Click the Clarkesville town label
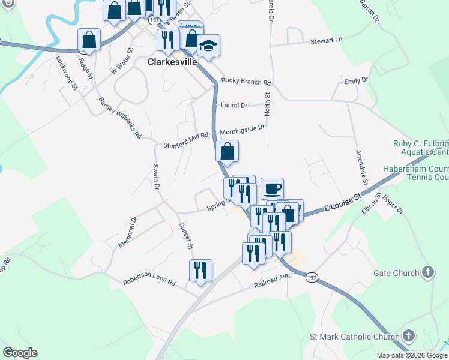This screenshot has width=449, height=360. [173, 62]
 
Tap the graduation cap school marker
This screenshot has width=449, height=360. [209, 46]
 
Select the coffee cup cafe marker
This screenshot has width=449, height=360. [272, 188]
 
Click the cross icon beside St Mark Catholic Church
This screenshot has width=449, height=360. [409, 336]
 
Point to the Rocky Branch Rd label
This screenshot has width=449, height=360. [246, 81]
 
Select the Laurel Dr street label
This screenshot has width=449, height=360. [234, 106]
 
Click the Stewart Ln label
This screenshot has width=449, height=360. [326, 41]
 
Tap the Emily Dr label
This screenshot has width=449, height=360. [355, 80]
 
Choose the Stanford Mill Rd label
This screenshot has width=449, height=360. [185, 145]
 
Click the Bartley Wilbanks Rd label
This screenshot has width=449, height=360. [119, 118]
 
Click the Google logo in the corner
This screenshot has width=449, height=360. [20, 353]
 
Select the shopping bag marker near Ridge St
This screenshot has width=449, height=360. [89, 40]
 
